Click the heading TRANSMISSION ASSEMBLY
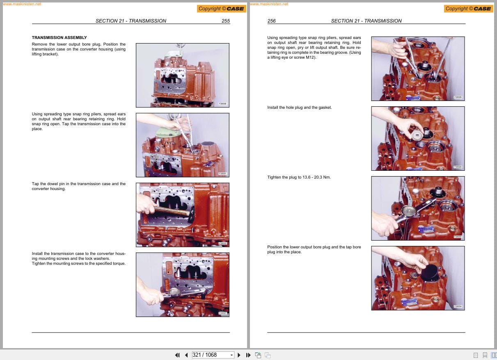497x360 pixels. pyautogui.click(x=59, y=37)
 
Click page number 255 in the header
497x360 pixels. pyautogui.click(x=225, y=21)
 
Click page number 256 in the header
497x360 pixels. pyautogui.click(x=271, y=21)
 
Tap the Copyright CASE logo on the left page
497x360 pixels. pyautogui.click(x=221, y=9)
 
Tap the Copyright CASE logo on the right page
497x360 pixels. pyautogui.click(x=468, y=9)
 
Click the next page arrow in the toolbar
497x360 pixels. pyautogui.click(x=239, y=355)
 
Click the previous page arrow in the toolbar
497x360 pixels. pyautogui.click(x=186, y=355)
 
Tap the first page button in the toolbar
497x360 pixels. pyautogui.click(x=177, y=355)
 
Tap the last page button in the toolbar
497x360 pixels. pyautogui.click(x=248, y=355)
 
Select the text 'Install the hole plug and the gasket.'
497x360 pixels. pyautogui.click(x=299, y=108)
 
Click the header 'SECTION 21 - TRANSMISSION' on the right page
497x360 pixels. pyautogui.click(x=366, y=21)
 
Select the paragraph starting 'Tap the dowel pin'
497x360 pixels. pyautogui.click(x=78, y=186)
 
